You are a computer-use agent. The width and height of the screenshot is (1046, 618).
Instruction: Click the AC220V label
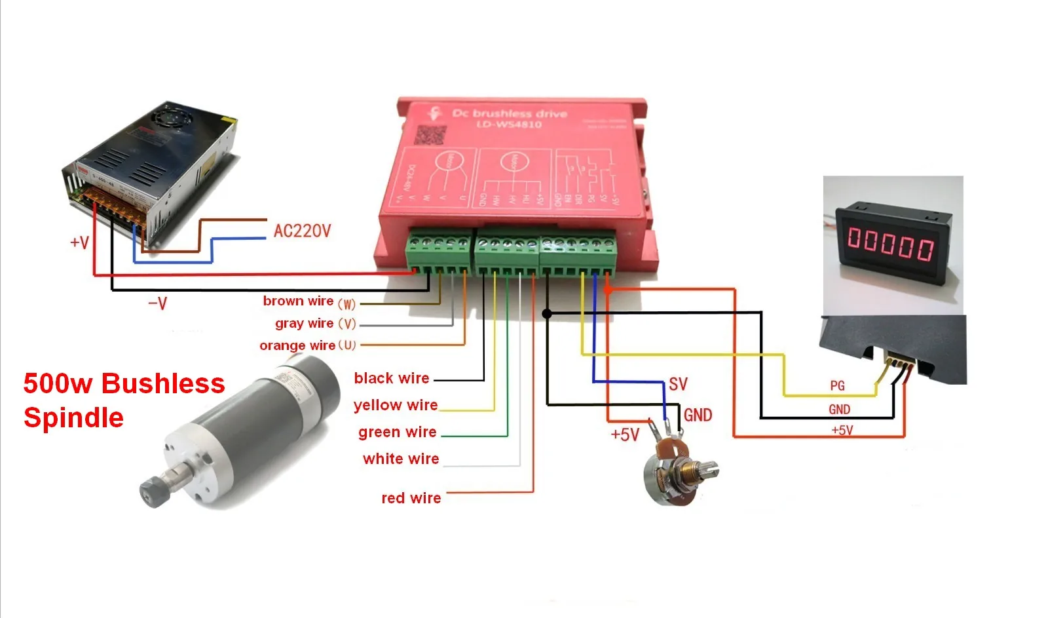(302, 231)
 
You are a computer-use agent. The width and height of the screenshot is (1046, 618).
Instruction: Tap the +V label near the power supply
(79, 242)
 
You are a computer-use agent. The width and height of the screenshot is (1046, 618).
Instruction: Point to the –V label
(157, 303)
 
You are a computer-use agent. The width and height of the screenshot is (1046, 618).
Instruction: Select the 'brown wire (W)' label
(308, 301)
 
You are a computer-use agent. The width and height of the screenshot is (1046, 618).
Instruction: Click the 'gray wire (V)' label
(315, 324)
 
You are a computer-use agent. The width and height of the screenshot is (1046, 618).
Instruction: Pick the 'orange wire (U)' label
(307, 345)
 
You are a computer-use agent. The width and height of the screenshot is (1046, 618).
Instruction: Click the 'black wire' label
(391, 378)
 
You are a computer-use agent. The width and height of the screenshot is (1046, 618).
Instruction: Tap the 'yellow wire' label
(395, 405)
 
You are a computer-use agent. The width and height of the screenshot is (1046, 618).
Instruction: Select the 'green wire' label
(397, 432)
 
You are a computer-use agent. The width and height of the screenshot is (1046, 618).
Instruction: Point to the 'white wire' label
(401, 459)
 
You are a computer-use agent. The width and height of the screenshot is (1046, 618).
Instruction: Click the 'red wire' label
(411, 498)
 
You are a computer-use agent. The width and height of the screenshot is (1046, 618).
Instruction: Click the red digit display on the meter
(891, 243)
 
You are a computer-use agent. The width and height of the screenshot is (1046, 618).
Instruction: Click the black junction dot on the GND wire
(547, 314)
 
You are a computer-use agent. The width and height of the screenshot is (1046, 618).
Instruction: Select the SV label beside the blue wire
(678, 384)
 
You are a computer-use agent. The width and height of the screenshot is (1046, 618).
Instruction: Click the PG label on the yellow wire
(837, 385)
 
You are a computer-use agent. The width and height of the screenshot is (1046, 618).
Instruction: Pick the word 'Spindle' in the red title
(73, 417)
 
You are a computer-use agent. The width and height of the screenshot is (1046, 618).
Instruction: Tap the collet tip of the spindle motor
(152, 492)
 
